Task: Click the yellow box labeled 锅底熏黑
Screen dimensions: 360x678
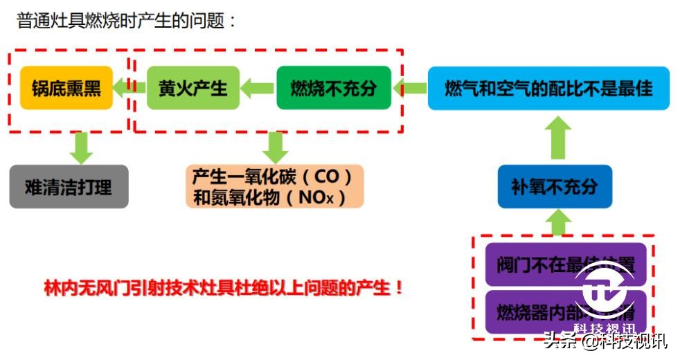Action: point(66,89)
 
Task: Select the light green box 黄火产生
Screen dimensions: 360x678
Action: point(193,89)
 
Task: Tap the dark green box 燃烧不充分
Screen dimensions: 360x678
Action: point(333,89)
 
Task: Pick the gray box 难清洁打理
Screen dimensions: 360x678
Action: point(69,187)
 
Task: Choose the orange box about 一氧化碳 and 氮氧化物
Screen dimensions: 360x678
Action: point(275,187)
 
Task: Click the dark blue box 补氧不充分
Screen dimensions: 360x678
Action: point(554,187)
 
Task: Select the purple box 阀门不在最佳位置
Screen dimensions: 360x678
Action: point(565,264)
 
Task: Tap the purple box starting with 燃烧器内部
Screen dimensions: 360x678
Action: point(565,311)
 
